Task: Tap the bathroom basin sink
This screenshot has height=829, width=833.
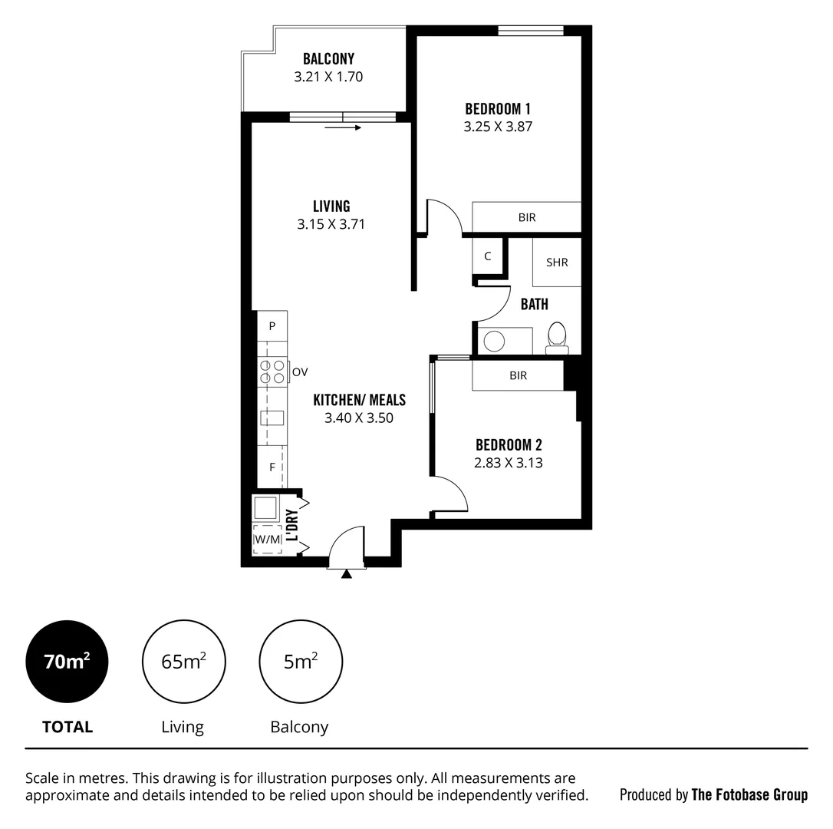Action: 495,340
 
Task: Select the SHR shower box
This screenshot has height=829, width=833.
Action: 557,263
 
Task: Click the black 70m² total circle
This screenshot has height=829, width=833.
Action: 67,661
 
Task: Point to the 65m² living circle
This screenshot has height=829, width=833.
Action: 183,661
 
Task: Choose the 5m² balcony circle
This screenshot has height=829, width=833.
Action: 301,661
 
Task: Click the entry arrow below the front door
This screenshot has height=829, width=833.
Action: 347,573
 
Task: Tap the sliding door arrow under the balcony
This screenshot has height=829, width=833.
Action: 343,128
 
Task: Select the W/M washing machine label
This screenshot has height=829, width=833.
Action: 267,540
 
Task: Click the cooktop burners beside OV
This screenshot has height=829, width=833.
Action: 272,372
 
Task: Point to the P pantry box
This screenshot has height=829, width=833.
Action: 272,326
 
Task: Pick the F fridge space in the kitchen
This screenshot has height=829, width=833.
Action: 272,467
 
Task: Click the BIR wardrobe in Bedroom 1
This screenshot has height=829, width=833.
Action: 526,217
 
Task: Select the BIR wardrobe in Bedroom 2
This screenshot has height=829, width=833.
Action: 518,375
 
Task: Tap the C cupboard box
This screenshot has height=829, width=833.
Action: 487,256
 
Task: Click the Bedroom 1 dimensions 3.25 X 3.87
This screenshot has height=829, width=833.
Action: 498,127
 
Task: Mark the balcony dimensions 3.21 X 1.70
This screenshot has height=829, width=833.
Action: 328,77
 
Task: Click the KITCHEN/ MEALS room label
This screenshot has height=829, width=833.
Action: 359,400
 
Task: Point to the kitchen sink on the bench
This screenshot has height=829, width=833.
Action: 272,418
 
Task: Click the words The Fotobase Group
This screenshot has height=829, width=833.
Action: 749,794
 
